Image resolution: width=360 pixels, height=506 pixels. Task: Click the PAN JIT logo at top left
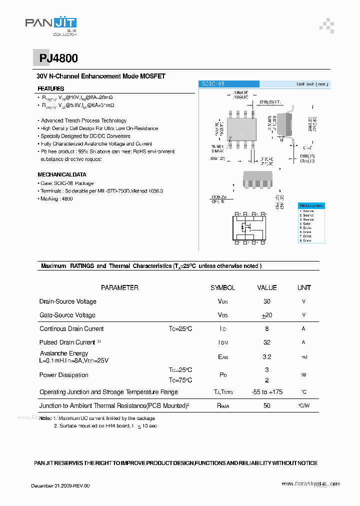[51, 24]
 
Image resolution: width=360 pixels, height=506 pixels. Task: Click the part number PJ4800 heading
[58, 58]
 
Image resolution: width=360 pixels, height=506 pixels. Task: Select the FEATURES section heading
[51, 88]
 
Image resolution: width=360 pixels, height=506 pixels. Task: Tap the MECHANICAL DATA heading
[62, 174]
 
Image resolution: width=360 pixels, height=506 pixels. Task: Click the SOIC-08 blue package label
[228, 84]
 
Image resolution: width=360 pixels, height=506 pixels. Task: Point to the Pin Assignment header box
[311, 205]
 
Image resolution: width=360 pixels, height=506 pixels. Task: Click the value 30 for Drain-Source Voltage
[266, 301]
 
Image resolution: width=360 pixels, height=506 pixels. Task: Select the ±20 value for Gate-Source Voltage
[266, 315]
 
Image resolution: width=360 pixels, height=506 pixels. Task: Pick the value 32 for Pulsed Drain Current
[266, 342]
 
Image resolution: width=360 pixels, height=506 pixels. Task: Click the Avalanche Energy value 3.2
[266, 357]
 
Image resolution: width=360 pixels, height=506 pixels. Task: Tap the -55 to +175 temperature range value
[266, 392]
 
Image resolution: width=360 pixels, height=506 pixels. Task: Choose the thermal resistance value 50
[266, 405]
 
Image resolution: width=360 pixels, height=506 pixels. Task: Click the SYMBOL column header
[222, 287]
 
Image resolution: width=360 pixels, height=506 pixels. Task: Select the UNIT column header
[304, 287]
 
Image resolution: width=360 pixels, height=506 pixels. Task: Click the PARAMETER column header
[119, 287]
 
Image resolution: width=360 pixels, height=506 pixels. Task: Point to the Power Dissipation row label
[64, 375]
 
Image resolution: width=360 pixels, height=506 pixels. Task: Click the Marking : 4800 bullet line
[56, 198]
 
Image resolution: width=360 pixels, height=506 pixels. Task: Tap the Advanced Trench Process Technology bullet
[83, 120]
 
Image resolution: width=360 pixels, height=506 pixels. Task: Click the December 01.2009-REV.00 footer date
[60, 485]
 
